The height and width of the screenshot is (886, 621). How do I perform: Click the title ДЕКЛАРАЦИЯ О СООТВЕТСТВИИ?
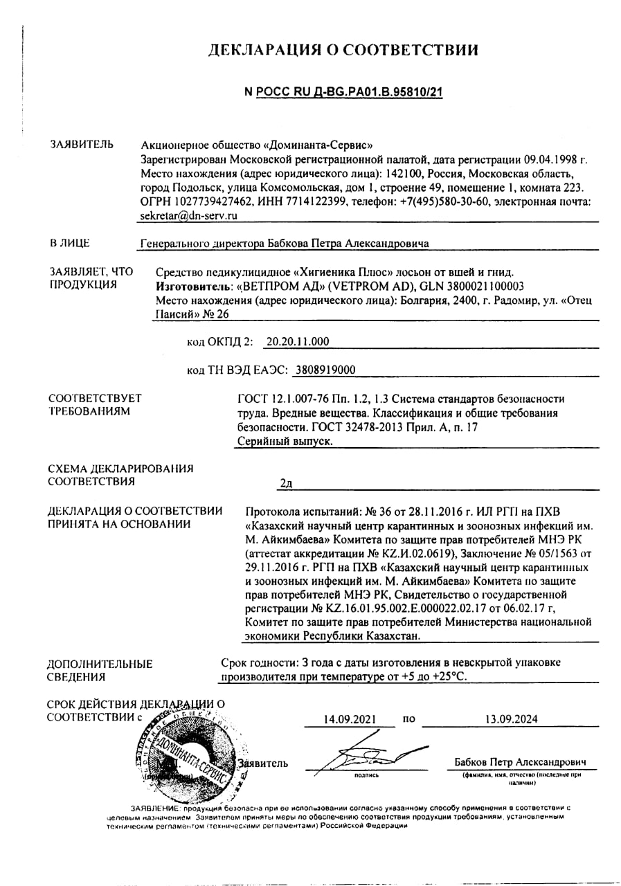[x=343, y=50]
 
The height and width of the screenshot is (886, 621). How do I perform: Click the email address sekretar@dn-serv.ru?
[x=188, y=215]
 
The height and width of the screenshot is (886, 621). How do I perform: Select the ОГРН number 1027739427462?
[x=210, y=201]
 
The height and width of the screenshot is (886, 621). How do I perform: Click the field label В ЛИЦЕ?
[x=69, y=243]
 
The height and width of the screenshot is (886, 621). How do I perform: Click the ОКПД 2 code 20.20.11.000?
[x=298, y=341]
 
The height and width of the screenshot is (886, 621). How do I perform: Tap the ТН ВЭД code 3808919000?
[x=325, y=370]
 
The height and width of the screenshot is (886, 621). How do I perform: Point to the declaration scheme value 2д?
[x=285, y=483]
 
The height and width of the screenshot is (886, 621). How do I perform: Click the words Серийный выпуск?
[x=285, y=441]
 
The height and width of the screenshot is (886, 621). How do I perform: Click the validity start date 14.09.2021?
[x=350, y=718]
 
